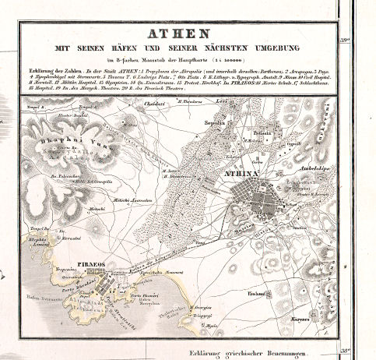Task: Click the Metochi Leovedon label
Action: coord(133,200)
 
